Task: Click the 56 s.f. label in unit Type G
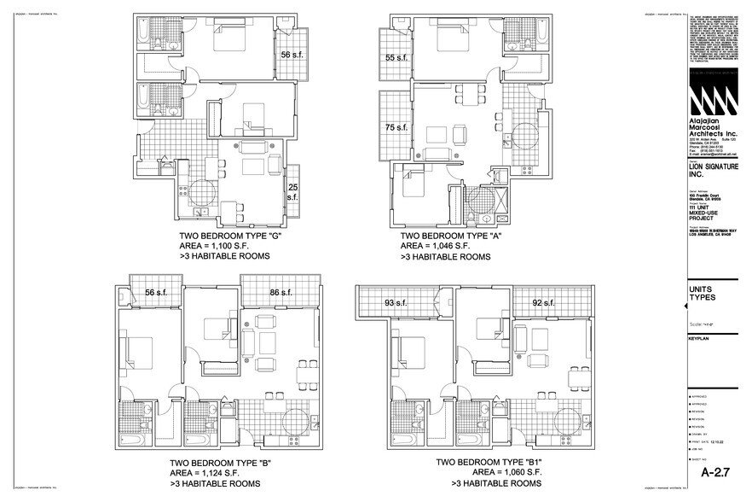[x=292, y=53]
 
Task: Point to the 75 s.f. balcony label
[x=396, y=127]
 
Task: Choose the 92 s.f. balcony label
[x=543, y=302]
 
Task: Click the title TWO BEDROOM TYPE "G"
[x=229, y=236]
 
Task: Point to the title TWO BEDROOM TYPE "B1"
[x=489, y=463]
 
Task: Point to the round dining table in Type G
[x=203, y=192]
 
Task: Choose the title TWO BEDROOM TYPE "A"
[x=450, y=236]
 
